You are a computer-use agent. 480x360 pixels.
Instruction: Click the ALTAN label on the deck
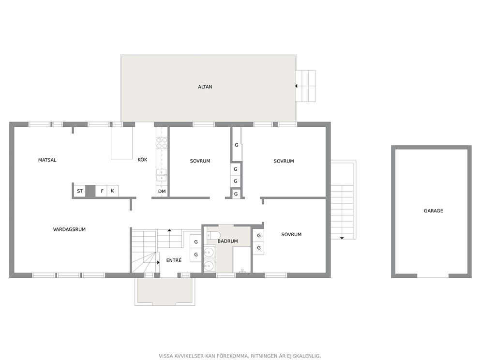(x=205, y=87)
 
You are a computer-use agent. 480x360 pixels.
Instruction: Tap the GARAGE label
(x=433, y=210)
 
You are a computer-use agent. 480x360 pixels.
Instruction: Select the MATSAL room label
(x=47, y=160)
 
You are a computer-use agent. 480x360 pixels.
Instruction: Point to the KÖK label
(x=142, y=160)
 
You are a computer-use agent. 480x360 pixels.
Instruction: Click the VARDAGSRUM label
(x=69, y=229)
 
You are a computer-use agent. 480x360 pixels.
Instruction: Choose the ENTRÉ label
(x=174, y=260)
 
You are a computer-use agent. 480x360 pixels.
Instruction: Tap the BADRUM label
(x=228, y=241)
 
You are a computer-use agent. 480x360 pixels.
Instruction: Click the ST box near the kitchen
(x=79, y=191)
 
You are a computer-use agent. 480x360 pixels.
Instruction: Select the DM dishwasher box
(x=162, y=191)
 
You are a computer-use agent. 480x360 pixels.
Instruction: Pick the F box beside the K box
(x=102, y=191)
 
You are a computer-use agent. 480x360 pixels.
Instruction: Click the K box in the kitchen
(x=113, y=191)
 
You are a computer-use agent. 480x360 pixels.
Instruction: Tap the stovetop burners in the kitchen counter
(x=162, y=143)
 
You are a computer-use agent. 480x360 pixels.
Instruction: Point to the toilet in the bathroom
(x=214, y=236)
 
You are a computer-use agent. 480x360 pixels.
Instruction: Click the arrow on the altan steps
(x=296, y=86)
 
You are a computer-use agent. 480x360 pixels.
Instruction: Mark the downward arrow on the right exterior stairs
(x=342, y=238)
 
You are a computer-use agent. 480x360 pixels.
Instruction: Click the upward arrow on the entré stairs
(x=169, y=230)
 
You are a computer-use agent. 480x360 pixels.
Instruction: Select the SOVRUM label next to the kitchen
(x=200, y=161)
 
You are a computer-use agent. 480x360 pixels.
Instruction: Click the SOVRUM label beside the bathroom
(x=291, y=235)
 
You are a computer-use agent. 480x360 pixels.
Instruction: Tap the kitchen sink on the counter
(x=162, y=175)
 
